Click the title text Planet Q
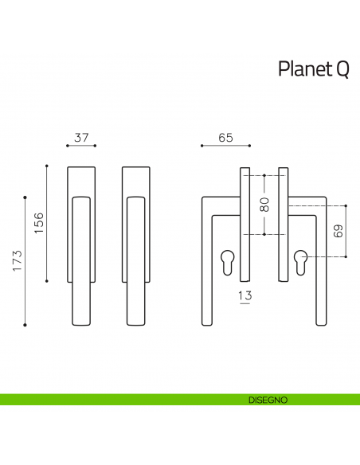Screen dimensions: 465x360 pos(313,70)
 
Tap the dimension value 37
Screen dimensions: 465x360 pos(80,138)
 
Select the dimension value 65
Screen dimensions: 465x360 pos(225,138)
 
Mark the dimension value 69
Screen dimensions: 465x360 pos(337,232)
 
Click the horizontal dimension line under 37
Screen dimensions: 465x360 pos(80,147)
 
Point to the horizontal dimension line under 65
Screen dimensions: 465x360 pos(225,147)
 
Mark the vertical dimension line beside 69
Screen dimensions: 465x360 pos(346,232)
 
